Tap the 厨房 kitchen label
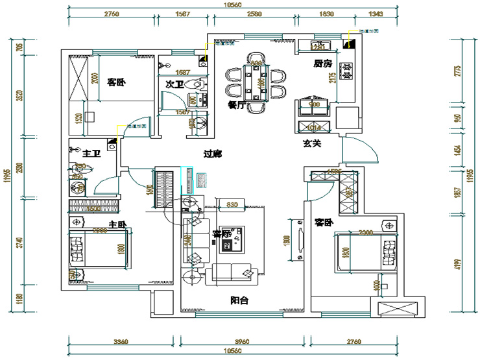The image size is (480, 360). pos(322,64)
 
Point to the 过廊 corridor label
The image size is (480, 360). pos(213,154)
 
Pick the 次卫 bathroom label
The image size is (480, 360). pos(174,84)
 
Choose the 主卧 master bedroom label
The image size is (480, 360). pos(117,224)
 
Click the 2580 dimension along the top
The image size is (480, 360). pos(254,13)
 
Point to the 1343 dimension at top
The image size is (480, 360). pos(376,13)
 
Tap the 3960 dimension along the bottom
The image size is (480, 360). pos(241,341)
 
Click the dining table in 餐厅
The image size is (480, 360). pos(257,80)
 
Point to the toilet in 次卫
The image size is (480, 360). pos(193,84)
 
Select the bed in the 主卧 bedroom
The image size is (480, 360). pos(94,250)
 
